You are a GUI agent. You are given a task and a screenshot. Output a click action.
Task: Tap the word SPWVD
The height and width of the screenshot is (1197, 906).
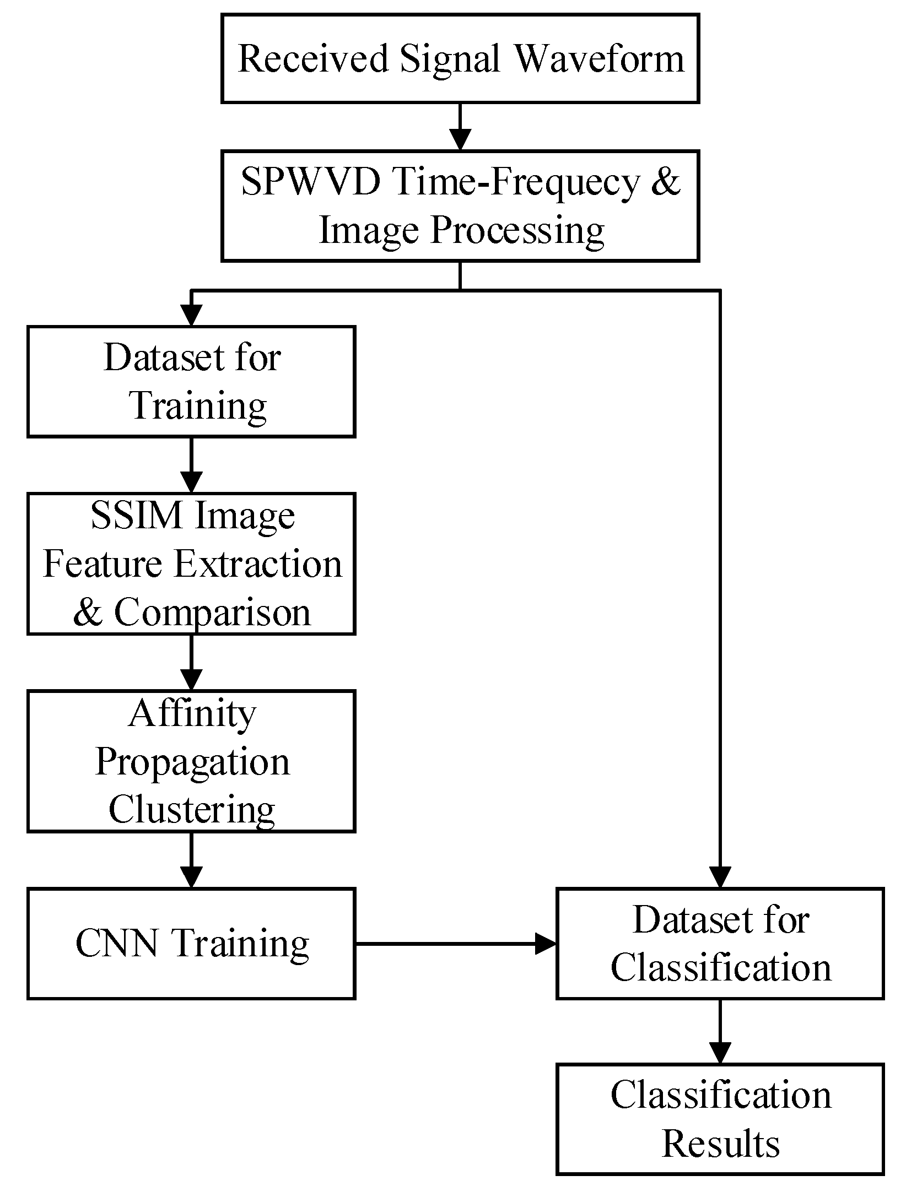[x=311, y=181]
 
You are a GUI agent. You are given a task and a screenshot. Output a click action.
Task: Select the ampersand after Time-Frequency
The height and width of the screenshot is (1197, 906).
[x=666, y=181]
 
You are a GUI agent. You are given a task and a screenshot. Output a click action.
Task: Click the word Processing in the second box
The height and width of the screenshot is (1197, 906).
[x=517, y=230]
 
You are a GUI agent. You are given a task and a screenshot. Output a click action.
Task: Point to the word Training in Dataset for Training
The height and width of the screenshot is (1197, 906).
[x=198, y=406]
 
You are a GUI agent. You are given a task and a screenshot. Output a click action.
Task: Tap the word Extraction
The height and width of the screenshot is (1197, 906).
[x=258, y=564]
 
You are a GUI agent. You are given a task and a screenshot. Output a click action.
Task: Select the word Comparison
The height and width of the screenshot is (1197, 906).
[x=212, y=612]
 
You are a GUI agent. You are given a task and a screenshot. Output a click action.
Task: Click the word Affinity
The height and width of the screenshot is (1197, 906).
[x=192, y=713]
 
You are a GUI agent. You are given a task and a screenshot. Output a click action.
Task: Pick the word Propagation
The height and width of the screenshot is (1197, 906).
[x=192, y=762]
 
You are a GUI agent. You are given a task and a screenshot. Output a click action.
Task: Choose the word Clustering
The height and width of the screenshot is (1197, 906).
[x=192, y=810]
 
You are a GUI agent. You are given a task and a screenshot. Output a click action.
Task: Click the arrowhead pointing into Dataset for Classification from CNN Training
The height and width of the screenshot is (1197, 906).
[x=546, y=944]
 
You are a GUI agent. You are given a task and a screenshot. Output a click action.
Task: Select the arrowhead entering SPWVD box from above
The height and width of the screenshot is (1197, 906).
[x=460, y=139]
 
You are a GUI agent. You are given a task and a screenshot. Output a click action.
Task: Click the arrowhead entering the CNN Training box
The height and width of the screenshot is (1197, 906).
[x=191, y=877]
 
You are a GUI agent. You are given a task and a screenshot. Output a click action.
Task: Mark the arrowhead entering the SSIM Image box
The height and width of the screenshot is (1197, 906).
[x=191, y=482]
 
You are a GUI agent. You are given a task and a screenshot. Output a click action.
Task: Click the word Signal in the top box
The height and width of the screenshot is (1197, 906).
[x=450, y=58]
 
